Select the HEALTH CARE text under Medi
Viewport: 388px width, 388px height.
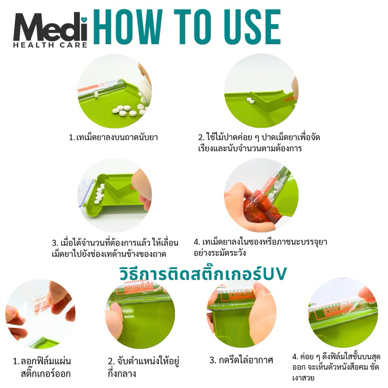coord(50,45)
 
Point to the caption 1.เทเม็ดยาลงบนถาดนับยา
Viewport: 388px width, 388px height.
coord(113,137)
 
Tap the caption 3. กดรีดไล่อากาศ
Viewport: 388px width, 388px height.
coord(241,360)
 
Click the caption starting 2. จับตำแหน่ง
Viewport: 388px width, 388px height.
coord(143,367)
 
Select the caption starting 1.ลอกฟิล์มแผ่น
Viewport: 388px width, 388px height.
coord(42,367)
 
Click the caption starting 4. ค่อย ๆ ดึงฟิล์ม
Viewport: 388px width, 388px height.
coord(336,367)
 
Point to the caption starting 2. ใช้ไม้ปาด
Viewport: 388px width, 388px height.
coord(259,142)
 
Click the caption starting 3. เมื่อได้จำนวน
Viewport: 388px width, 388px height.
coord(115,248)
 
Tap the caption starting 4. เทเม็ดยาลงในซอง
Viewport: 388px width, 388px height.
coord(260,247)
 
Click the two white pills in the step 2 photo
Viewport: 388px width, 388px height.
coord(251,100)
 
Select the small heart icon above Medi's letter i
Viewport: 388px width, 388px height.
coord(84,19)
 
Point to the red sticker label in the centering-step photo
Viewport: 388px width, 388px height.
coord(139,288)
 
